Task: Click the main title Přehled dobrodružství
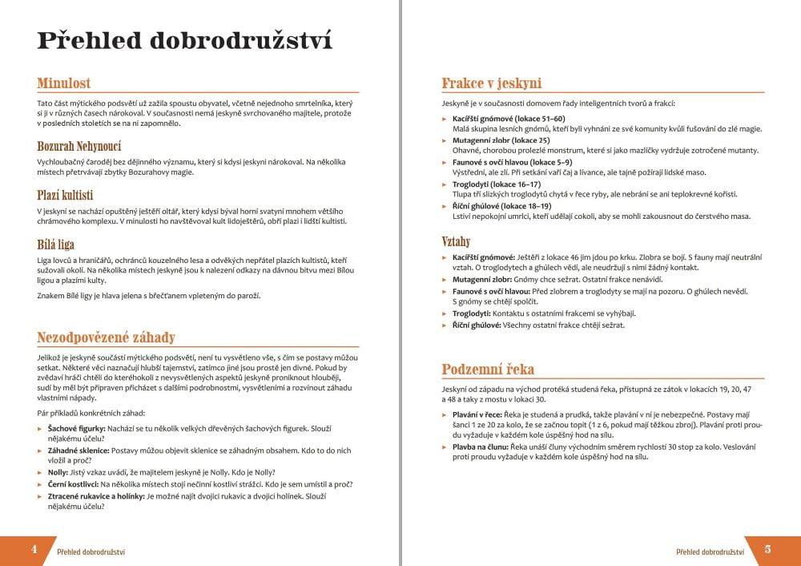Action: click(x=184, y=41)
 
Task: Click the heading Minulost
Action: click(x=64, y=83)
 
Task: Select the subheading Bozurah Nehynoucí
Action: click(x=79, y=146)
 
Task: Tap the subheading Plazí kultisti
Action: click(x=66, y=195)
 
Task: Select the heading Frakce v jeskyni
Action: click(x=492, y=83)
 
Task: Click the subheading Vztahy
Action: click(x=456, y=241)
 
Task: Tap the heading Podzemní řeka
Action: click(x=488, y=369)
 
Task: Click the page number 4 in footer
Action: click(x=34, y=549)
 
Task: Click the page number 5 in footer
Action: click(x=767, y=549)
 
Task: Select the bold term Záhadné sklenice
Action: click(x=78, y=451)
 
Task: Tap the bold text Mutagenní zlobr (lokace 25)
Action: click(x=501, y=140)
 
